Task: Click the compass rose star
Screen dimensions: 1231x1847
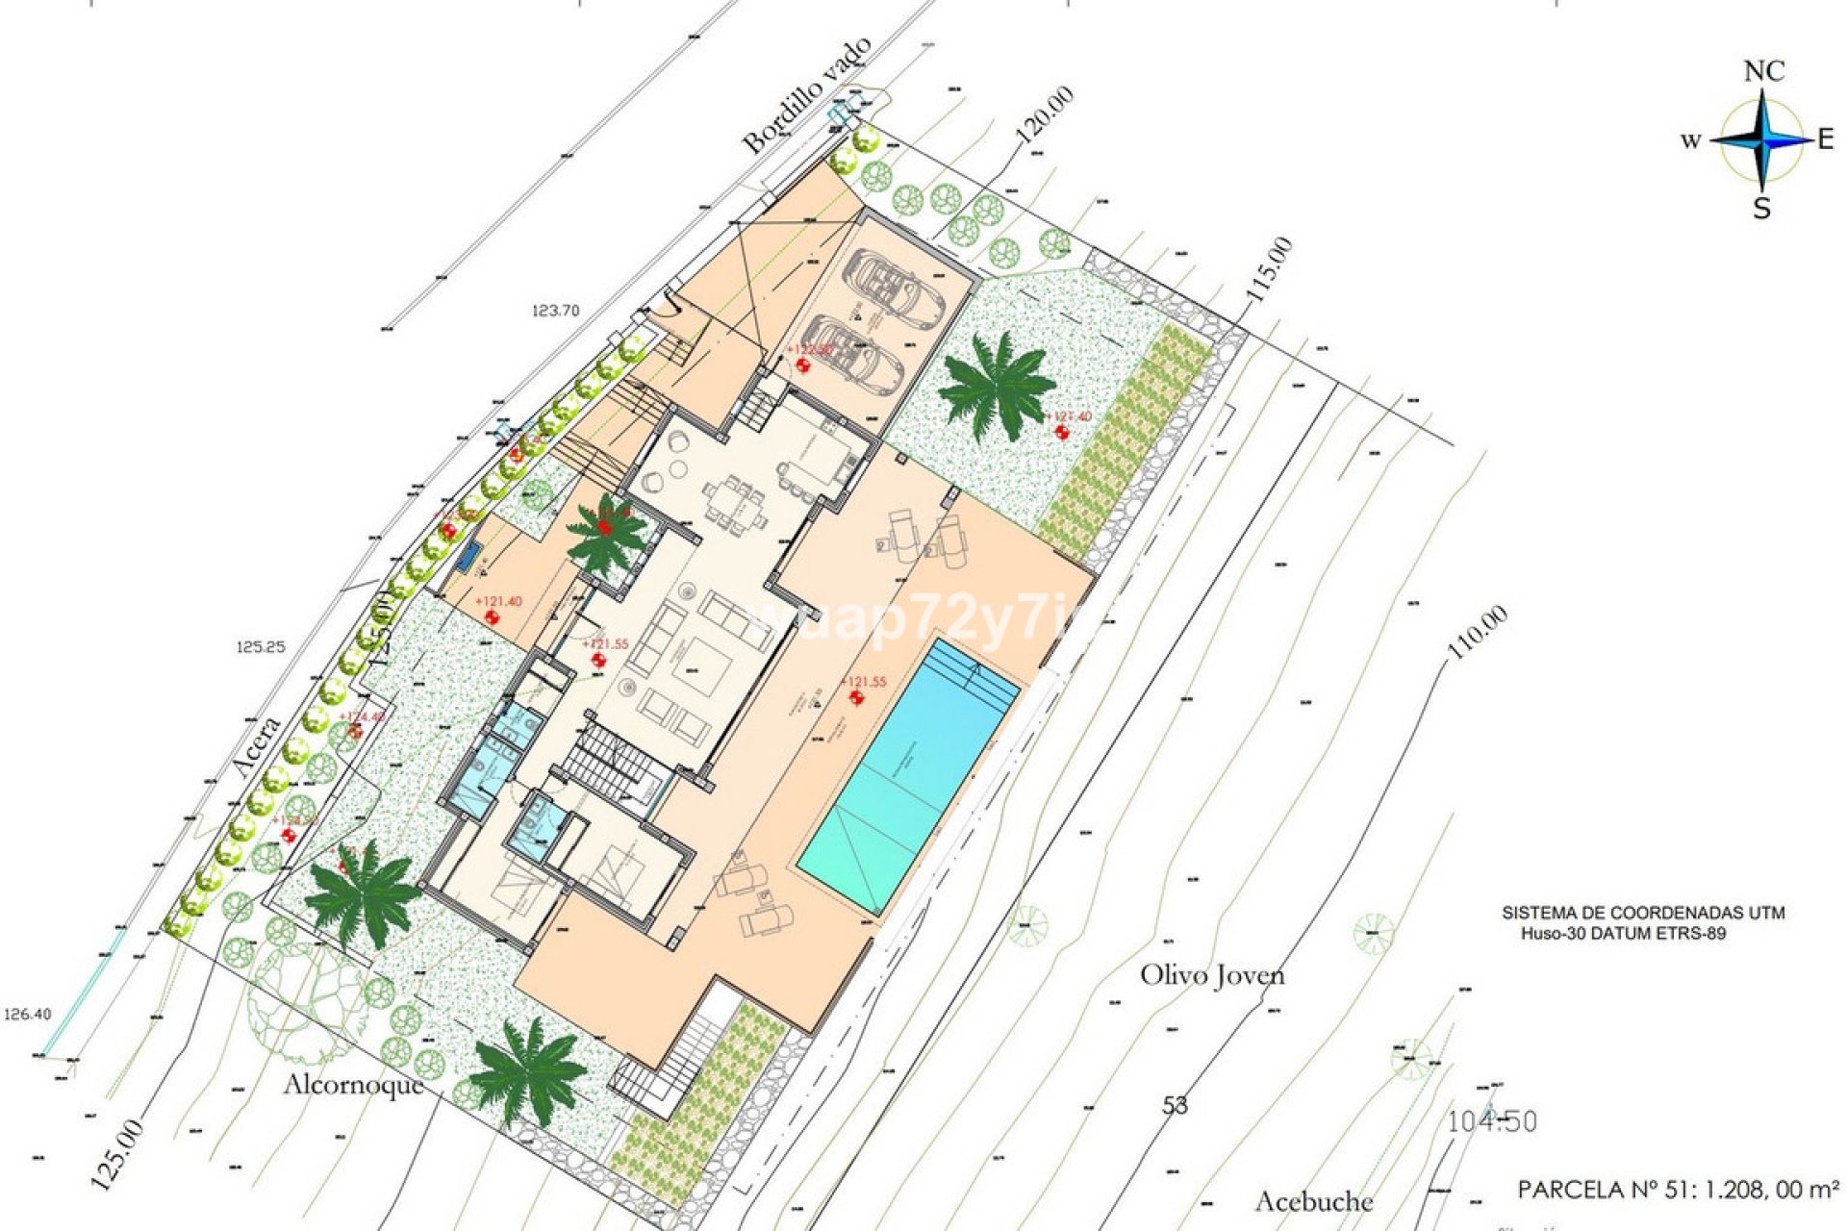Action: [x=1761, y=140]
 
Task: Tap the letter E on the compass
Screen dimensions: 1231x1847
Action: [x=1825, y=140]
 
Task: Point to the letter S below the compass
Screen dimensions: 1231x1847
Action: [x=1761, y=209]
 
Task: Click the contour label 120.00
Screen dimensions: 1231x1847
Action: [x=1045, y=115]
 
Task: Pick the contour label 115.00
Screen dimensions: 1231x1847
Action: [x=1269, y=270]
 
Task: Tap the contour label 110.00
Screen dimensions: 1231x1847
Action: [x=1478, y=632]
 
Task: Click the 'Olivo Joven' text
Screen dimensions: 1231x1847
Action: [x=1212, y=975]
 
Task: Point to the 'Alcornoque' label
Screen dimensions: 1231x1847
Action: [x=353, y=1085]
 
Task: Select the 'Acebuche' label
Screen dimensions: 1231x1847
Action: [x=1314, y=1201]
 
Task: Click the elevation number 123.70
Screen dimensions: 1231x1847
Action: [x=556, y=311]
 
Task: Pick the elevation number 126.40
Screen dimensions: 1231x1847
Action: [x=28, y=1014]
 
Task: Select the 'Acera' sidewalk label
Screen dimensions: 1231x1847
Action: [x=257, y=745]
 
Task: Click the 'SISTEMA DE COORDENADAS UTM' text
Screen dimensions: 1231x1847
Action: [x=1643, y=913]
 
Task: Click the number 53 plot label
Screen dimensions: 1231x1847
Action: [x=1175, y=1106]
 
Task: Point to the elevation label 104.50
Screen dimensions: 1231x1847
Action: [x=1492, y=1121]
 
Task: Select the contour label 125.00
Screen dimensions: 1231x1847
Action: [x=119, y=1154]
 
